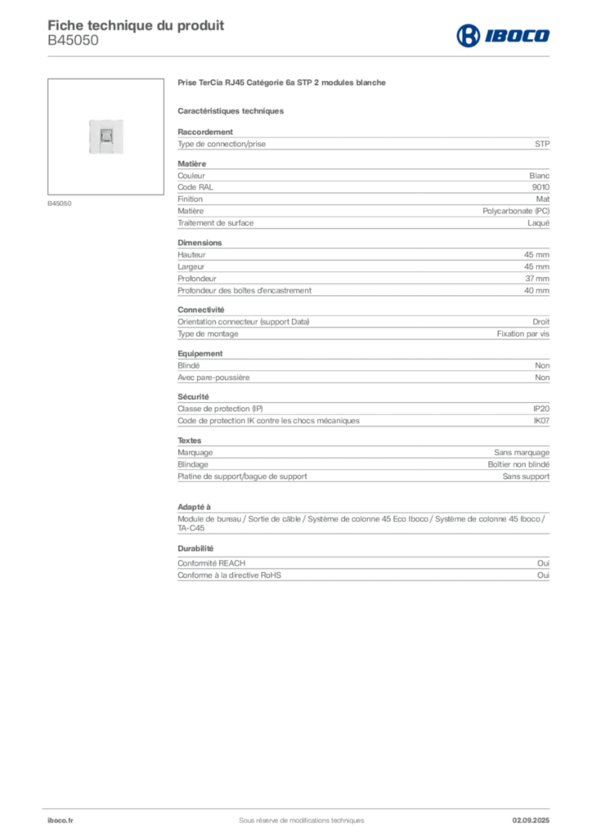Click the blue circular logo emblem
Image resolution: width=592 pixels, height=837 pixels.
point(468,35)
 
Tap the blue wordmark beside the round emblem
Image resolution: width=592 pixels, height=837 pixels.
point(518,35)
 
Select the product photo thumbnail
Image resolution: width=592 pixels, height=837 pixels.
point(108,137)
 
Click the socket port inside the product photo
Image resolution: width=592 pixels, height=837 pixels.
point(105,135)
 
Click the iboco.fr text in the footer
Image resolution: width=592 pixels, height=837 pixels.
point(60,821)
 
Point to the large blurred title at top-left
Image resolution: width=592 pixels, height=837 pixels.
point(136,23)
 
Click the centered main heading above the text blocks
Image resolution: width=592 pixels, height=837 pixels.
point(285,84)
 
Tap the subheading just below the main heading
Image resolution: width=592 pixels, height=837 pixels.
point(232,110)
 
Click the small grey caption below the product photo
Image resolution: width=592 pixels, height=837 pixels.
point(62,204)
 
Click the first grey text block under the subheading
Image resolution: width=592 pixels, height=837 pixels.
point(363,143)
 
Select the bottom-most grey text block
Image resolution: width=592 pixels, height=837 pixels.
point(363,567)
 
